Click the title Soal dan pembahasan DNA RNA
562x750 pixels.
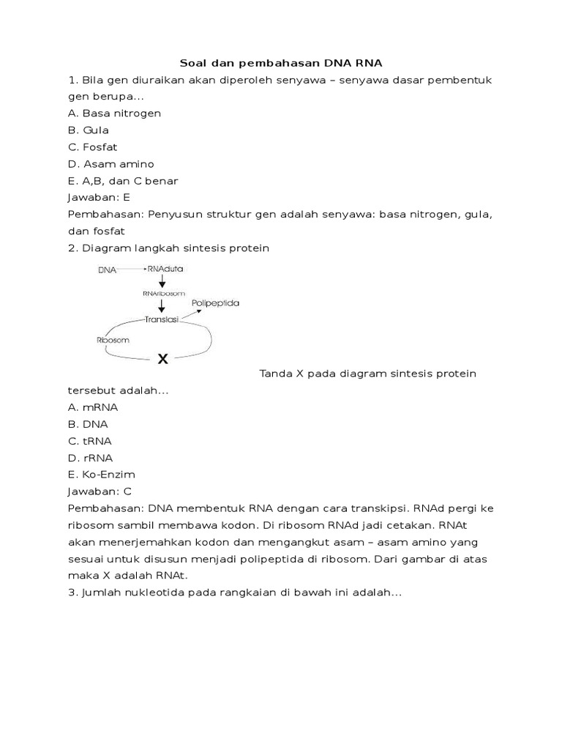coord(281,64)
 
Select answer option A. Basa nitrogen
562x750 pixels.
coord(114,114)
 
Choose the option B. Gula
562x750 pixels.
coord(89,130)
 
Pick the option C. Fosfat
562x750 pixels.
coord(92,147)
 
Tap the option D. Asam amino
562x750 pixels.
coord(110,164)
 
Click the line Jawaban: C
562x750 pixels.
coord(99,491)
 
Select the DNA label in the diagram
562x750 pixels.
coord(107,270)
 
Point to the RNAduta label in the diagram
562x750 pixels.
coord(165,269)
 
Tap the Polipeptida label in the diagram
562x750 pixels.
coord(215,302)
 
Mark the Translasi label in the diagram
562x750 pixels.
coord(164,319)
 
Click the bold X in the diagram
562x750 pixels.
coord(162,359)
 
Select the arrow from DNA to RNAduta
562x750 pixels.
coord(131,270)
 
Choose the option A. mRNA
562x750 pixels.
coord(93,407)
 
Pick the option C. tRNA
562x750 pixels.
coord(90,441)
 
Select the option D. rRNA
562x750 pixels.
coord(90,458)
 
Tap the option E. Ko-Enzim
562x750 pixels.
coord(101,475)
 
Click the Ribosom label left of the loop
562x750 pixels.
coord(113,341)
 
